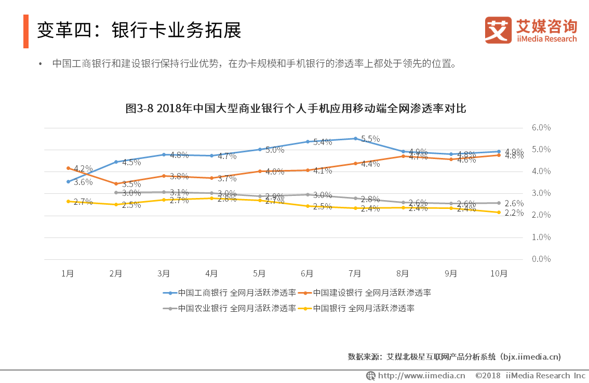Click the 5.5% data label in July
pyautogui.click(x=370, y=139)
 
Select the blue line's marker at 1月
pyautogui.click(x=68, y=181)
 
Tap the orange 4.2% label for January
pyautogui.click(x=83, y=169)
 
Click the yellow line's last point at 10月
pyautogui.click(x=499, y=212)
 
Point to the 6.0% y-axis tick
pyautogui.click(x=541, y=127)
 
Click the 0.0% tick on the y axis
pyautogui.click(x=541, y=259)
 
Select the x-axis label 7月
pyautogui.click(x=355, y=273)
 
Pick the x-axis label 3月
pyautogui.click(x=164, y=273)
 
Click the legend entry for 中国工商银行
pyautogui.click(x=229, y=293)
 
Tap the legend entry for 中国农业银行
pyautogui.click(x=229, y=308)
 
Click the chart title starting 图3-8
pyautogui.click(x=296, y=109)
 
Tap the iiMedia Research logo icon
pyautogui.click(x=498, y=30)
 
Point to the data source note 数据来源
pyautogui.click(x=454, y=357)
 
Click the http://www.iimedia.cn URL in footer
pyautogui.click(x=421, y=375)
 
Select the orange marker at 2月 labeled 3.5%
pyautogui.click(x=116, y=183)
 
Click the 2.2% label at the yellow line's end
pyautogui.click(x=514, y=213)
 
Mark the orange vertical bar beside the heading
pyautogui.click(x=26, y=31)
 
